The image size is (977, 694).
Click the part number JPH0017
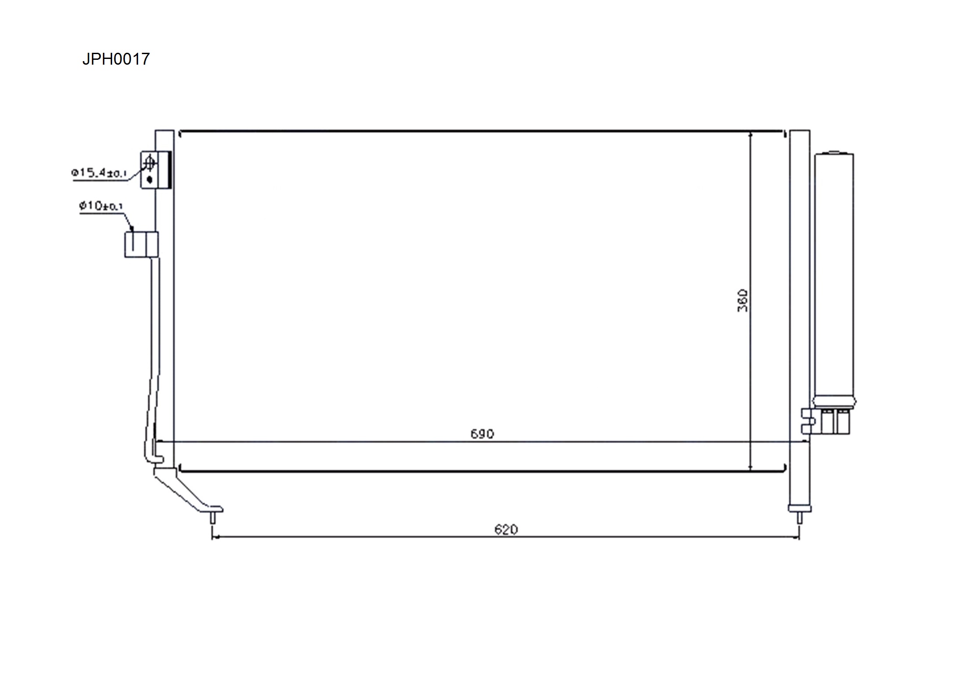(x=116, y=59)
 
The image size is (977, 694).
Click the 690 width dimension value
(x=482, y=434)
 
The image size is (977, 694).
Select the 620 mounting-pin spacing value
(x=506, y=530)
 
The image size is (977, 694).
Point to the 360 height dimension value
(x=743, y=300)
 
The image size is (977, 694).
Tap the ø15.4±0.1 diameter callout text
(x=99, y=172)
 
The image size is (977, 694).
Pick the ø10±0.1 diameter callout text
(x=101, y=205)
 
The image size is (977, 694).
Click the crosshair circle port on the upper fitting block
(x=149, y=163)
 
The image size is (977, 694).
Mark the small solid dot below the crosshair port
(x=149, y=179)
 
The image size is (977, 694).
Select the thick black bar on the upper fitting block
(x=169, y=169)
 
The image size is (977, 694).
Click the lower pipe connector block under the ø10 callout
(x=141, y=245)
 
